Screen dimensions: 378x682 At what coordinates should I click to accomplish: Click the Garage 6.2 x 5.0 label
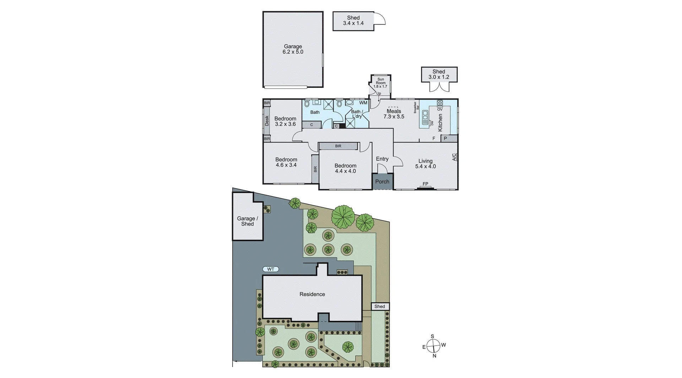click(293, 49)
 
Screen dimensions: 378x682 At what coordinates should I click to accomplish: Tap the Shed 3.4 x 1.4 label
click(353, 21)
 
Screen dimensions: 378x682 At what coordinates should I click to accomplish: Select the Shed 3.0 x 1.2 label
click(439, 74)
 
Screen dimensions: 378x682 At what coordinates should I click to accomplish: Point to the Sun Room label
click(380, 81)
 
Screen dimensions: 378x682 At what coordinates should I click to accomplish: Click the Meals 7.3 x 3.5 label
click(394, 114)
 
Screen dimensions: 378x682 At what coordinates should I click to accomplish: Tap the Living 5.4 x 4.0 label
click(425, 164)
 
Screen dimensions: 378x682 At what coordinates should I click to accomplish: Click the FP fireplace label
click(425, 184)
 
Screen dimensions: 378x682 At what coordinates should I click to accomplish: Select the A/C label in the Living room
click(454, 157)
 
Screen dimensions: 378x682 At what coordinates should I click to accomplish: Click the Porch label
click(382, 182)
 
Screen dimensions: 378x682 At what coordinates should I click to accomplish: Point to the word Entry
click(382, 159)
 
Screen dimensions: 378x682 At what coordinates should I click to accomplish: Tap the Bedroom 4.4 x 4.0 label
click(345, 168)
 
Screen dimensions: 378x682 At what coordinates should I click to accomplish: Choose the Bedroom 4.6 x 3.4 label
click(286, 162)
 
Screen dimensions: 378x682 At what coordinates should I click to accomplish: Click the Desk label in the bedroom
click(267, 121)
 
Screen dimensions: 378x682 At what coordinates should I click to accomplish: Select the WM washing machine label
click(363, 103)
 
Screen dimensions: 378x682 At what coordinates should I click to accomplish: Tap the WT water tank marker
click(271, 269)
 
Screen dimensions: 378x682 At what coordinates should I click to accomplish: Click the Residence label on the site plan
click(312, 294)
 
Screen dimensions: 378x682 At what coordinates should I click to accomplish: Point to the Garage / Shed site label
click(248, 221)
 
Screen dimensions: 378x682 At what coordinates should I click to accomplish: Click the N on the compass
click(434, 356)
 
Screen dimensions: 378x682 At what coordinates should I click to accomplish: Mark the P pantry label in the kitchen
click(445, 138)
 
